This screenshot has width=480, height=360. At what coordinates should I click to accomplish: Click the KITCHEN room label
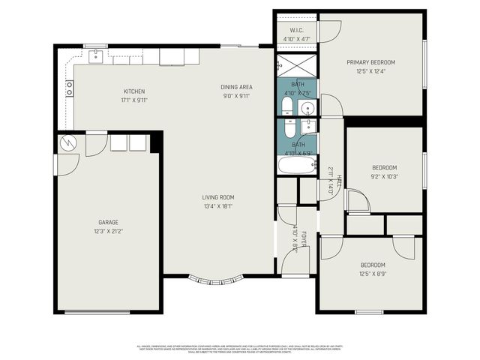pos(134,91)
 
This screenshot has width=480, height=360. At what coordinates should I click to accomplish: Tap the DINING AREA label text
pos(235,87)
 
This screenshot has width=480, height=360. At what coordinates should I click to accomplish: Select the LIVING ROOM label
pos(217,197)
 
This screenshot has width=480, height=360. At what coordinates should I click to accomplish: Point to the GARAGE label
pos(108,222)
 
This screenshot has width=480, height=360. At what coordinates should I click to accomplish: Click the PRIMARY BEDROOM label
pos(370,62)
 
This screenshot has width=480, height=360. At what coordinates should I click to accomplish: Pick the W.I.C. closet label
pos(296,31)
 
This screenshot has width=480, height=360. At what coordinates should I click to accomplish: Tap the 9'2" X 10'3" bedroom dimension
pos(384,176)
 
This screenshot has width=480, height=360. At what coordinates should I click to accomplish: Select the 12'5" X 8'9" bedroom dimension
pos(373,274)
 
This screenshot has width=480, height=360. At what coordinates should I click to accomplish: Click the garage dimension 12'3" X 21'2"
pos(108,231)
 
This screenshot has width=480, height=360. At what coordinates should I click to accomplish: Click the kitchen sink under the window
pos(96,56)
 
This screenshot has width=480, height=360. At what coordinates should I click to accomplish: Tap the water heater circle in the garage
pos(68,141)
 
